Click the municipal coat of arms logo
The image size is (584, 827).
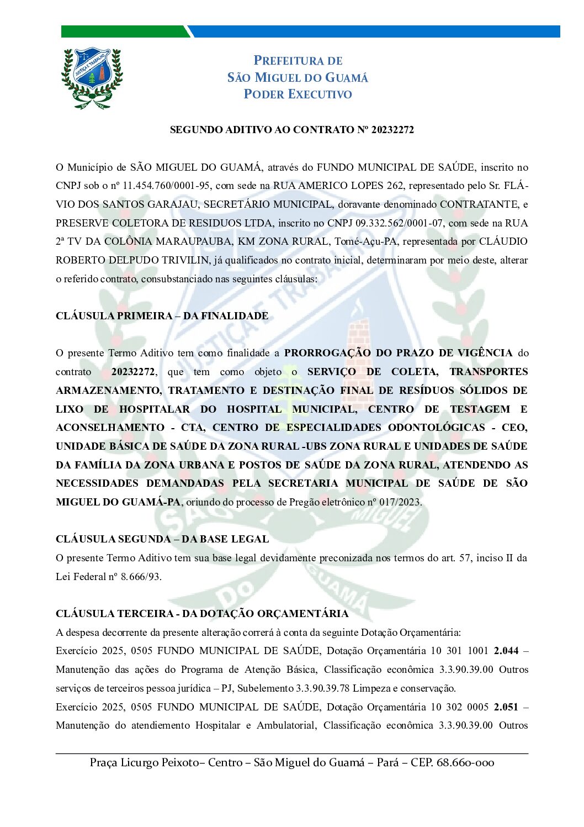point(92,78)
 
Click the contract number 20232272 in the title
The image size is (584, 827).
point(392,130)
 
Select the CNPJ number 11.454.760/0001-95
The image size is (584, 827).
point(166,186)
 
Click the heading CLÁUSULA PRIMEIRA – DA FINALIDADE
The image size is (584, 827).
point(162,316)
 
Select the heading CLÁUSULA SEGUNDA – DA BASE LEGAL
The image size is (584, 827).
point(162,539)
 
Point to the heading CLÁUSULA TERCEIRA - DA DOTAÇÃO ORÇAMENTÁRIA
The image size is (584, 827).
point(202,614)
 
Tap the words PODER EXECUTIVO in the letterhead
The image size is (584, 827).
point(298,94)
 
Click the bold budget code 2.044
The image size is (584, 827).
point(506,651)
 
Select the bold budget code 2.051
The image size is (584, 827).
point(506,707)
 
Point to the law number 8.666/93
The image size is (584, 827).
point(141,577)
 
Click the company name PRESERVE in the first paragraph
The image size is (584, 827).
point(81,223)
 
